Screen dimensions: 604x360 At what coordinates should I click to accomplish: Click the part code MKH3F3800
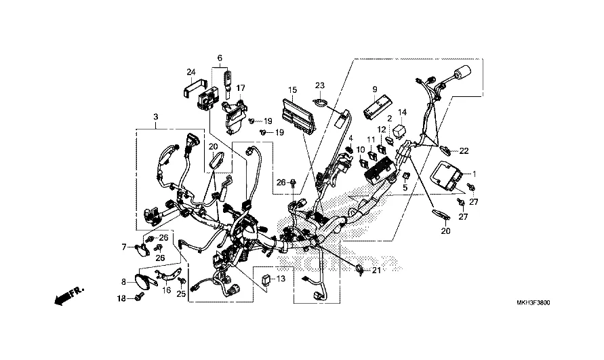click(533, 303)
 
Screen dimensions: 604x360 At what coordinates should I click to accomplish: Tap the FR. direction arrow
click(69, 295)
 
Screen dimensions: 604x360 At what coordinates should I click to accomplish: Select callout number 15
click(292, 90)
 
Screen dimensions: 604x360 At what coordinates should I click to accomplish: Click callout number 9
click(375, 89)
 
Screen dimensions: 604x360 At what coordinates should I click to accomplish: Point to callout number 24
click(191, 72)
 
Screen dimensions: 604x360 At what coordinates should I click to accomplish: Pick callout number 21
click(376, 271)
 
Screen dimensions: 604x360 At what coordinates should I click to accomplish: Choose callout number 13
click(281, 278)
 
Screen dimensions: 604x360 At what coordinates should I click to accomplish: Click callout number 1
click(475, 174)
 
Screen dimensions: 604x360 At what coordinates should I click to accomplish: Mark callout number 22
click(464, 151)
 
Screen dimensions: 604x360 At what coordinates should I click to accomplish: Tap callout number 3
click(156, 117)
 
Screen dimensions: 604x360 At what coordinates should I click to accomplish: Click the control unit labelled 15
click(300, 116)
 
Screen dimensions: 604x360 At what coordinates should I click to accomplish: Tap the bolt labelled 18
click(140, 296)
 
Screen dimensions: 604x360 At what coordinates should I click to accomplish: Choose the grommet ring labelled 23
click(320, 102)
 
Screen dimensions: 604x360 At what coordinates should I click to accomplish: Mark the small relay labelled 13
click(266, 279)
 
